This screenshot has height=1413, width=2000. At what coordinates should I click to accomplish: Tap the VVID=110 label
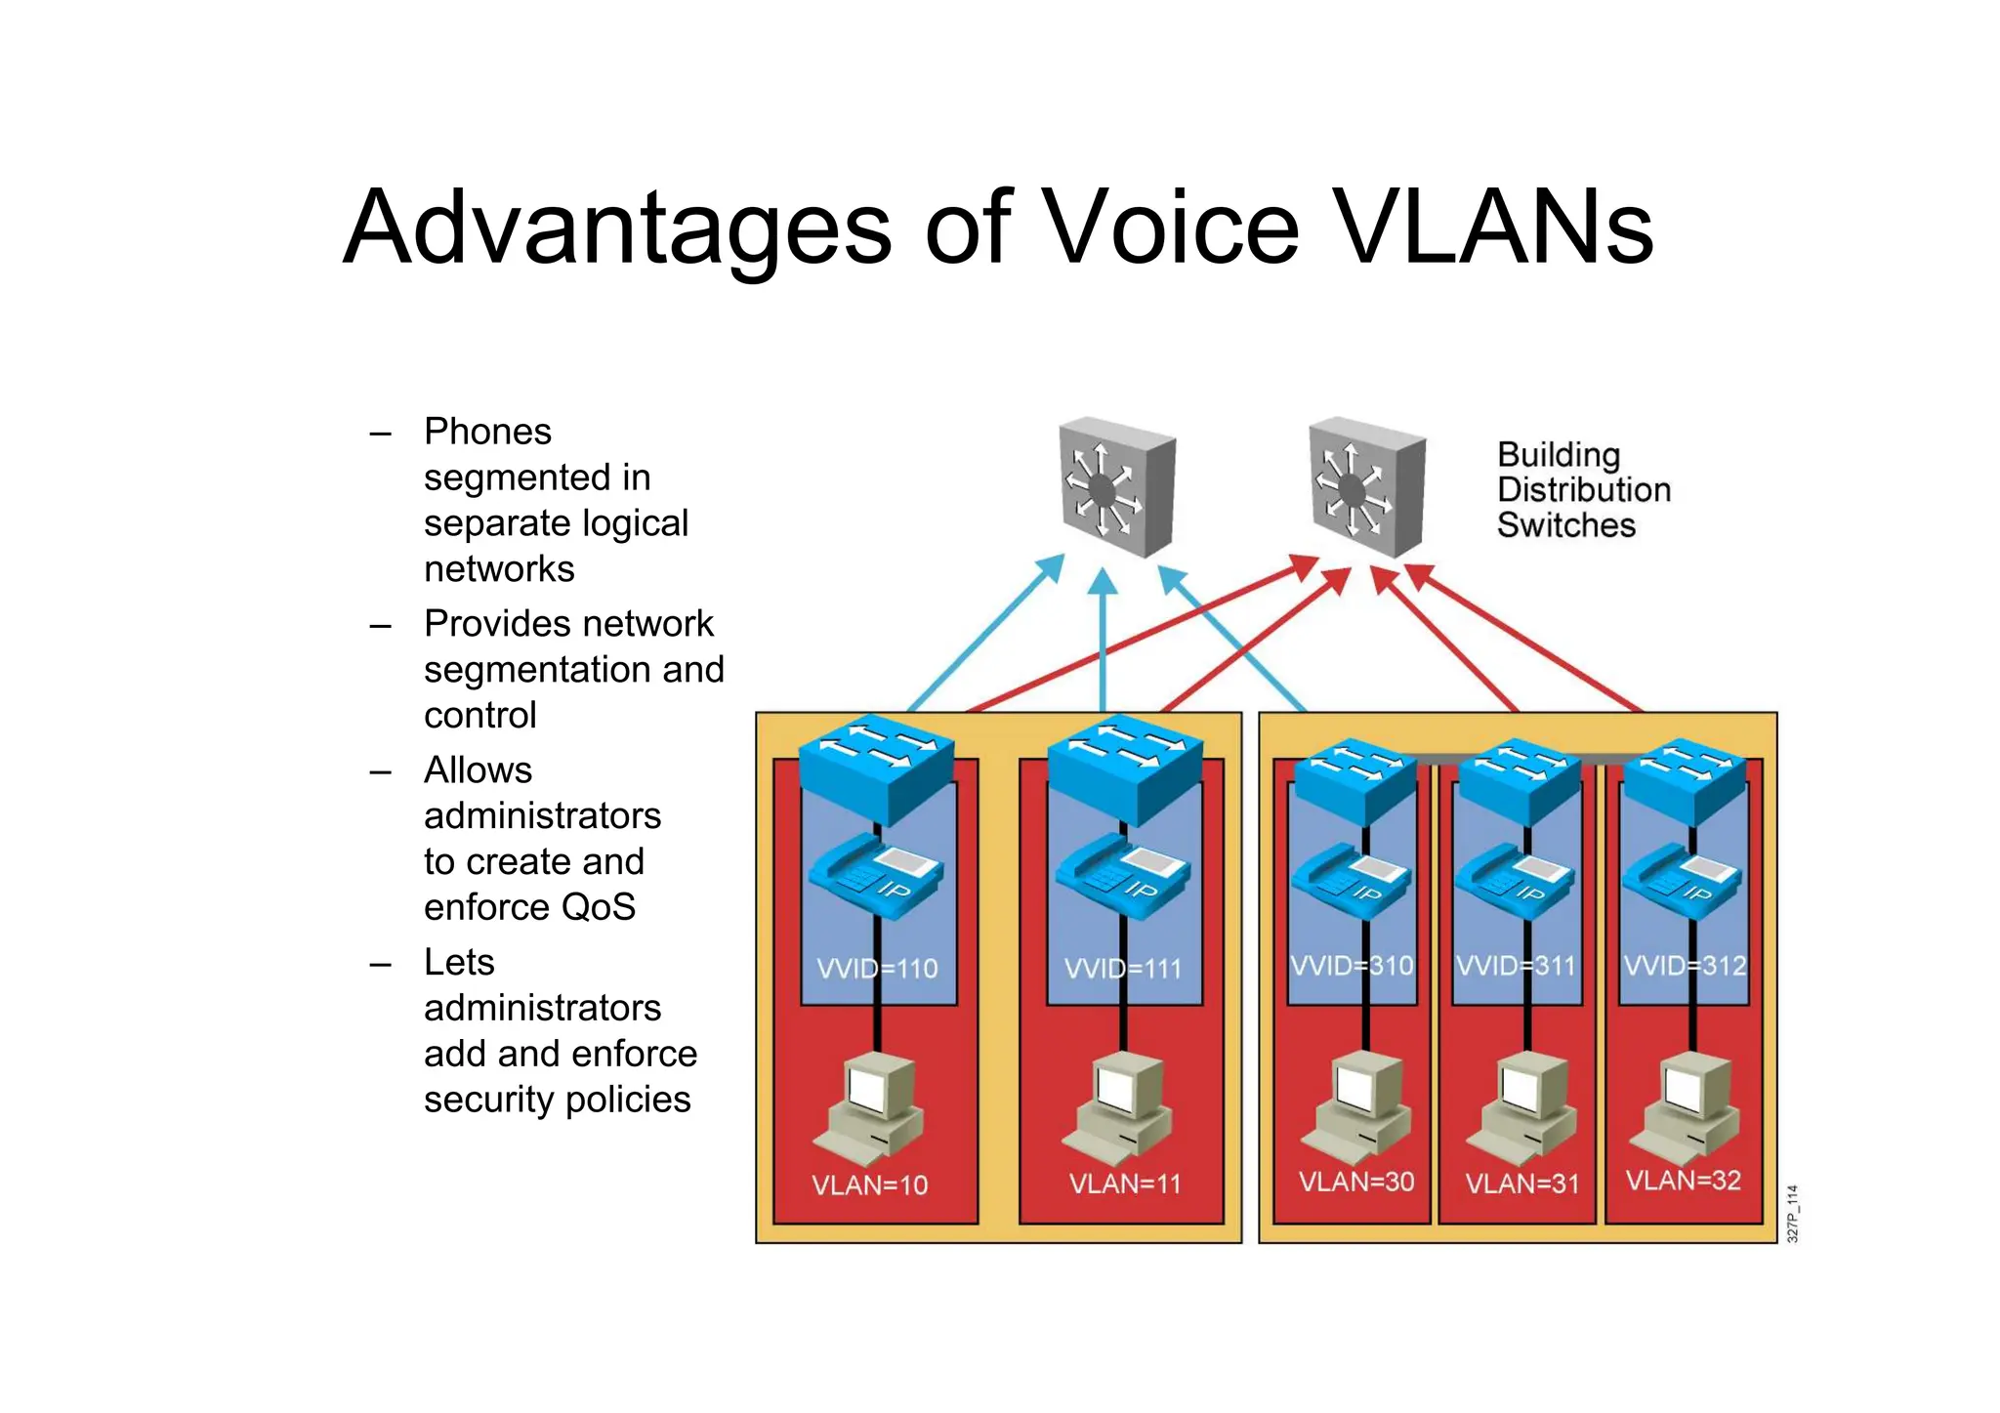877,969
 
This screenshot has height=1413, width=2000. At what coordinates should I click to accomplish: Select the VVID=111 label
1123,969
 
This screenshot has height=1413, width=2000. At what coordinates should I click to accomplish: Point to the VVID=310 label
1352,966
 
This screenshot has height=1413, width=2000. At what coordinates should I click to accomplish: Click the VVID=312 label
1685,966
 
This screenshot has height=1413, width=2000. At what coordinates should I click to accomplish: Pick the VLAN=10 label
870,1185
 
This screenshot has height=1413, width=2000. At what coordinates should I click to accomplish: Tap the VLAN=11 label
1125,1184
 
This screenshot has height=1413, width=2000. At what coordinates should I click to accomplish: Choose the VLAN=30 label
1356,1182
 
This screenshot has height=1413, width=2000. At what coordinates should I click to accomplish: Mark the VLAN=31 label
1522,1184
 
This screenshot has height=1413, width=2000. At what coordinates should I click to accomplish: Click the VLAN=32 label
1684,1181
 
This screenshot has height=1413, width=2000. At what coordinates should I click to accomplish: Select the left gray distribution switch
1117,486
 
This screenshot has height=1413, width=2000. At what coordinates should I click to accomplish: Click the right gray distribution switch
1366,486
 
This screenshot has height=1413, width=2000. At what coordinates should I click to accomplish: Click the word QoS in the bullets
599,907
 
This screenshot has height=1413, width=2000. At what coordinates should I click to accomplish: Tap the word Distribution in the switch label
1583,490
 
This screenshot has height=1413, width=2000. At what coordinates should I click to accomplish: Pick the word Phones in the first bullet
487,432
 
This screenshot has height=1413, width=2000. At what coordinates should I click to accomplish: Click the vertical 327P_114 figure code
1792,1213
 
